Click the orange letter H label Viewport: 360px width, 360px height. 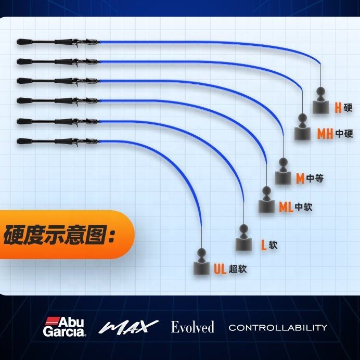[x=338, y=108]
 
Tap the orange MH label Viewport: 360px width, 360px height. [x=325, y=134]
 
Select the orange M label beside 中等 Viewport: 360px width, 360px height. [x=300, y=178]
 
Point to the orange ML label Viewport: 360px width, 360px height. [x=286, y=207]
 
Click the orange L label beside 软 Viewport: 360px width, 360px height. [x=263, y=245]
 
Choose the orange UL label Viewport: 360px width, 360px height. [x=220, y=269]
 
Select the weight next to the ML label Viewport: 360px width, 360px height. [x=266, y=201]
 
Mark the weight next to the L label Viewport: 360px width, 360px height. [x=243, y=239]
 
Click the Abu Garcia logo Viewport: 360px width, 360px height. [x=65, y=327]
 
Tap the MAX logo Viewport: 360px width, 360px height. [x=128, y=327]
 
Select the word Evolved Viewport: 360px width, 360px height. [x=192, y=327]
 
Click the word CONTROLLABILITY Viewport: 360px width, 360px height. [x=278, y=327]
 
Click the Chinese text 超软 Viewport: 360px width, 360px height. [x=237, y=269]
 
